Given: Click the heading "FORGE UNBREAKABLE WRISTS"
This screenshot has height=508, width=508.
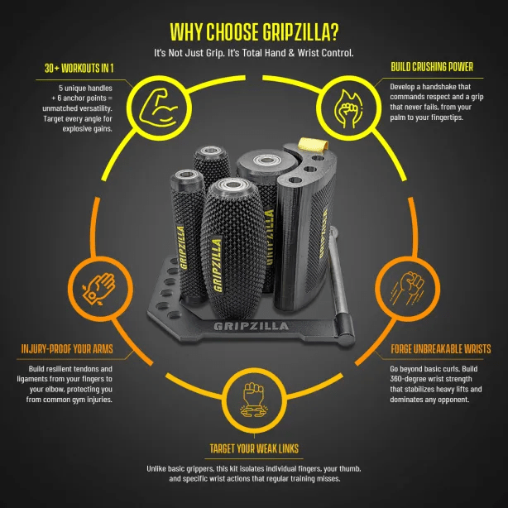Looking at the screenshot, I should click(439, 349).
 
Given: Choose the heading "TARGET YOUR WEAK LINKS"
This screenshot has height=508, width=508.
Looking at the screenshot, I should click(253, 448).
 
